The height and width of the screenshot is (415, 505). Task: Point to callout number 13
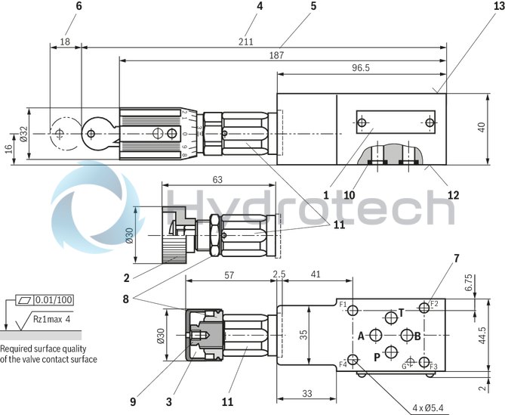pyautogui.click(x=498, y=6)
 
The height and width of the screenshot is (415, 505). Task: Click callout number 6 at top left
pyautogui.click(x=79, y=6)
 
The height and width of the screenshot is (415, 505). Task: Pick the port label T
pyautogui.click(x=401, y=311)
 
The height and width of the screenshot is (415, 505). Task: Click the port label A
pyautogui.click(x=361, y=336)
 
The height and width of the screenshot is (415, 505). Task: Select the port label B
pyautogui.click(x=417, y=336)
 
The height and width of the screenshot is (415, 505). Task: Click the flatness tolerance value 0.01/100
pyautogui.click(x=56, y=300)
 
